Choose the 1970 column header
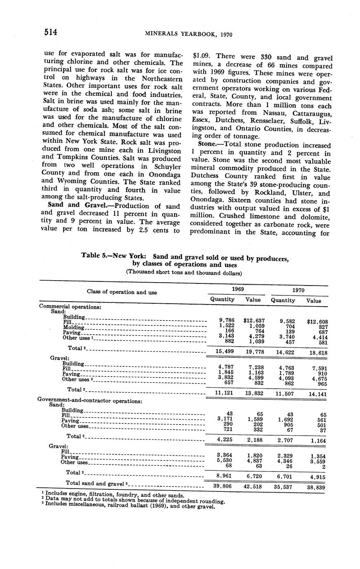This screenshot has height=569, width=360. point(298,290)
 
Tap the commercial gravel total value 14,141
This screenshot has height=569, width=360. point(316,394)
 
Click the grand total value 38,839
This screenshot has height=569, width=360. point(315,487)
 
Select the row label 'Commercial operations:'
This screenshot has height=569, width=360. point(70,307)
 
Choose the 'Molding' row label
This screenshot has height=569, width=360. point(73,327)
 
